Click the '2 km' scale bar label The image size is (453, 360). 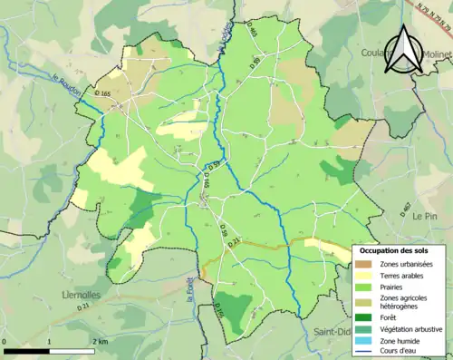(x=101, y=341)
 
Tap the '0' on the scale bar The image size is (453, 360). (x=6, y=341)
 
